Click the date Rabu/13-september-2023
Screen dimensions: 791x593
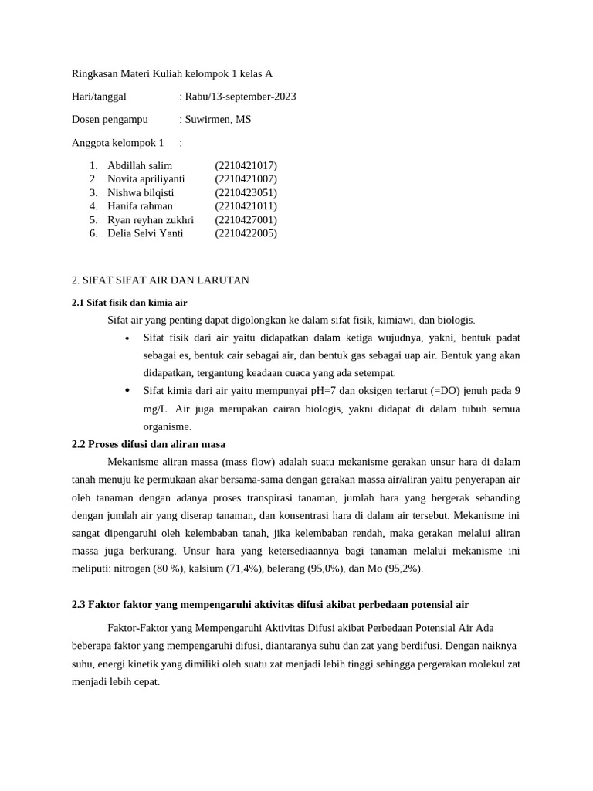coord(240,97)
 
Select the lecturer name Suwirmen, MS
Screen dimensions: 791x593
coord(218,120)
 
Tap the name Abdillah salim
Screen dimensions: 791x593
coord(140,165)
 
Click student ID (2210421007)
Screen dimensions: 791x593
coord(246,179)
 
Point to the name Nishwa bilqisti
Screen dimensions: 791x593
coord(141,192)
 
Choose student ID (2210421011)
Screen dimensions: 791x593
coord(246,206)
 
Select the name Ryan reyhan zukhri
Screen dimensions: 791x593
coord(151,219)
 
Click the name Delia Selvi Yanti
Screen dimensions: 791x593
coord(145,233)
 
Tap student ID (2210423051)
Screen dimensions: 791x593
coord(246,192)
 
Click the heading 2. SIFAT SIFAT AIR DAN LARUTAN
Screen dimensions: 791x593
coord(161,280)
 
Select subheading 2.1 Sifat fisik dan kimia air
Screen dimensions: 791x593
coord(129,303)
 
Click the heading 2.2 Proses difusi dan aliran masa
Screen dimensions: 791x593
coord(148,444)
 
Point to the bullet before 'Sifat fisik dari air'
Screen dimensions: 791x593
coord(127,338)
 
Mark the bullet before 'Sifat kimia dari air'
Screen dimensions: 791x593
coord(127,391)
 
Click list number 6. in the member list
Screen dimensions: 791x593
coord(93,233)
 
